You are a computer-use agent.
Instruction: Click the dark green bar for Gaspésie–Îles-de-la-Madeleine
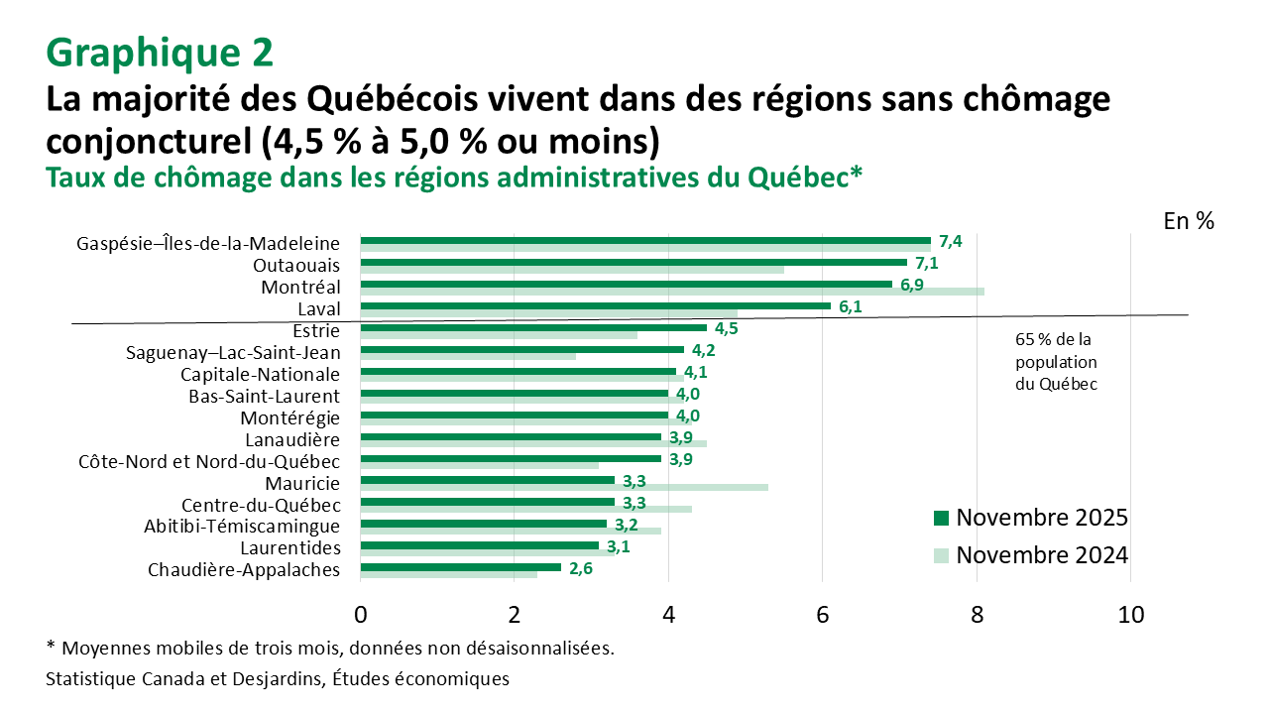pos(644,240)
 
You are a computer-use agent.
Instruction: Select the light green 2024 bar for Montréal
pos(672,292)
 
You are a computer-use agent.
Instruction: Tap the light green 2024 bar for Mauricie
pos(564,487)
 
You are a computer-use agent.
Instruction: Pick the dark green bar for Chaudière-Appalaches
pos(460,567)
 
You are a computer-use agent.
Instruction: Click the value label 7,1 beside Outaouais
pos(926,264)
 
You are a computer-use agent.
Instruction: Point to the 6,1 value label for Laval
pos(851,307)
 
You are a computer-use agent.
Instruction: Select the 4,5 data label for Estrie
pos(727,329)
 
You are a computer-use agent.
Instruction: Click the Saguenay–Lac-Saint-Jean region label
pos(233,352)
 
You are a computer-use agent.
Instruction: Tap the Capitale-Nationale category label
pos(260,374)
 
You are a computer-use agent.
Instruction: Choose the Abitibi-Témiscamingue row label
pos(242,526)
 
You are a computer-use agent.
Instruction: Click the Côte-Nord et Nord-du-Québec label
pos(209,461)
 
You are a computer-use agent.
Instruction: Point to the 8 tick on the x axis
pos(977,615)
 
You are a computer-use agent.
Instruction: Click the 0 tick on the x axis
pos(361,615)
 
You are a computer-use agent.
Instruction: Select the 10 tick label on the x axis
pos(1130,615)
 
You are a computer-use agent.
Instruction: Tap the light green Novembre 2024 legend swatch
pos(941,556)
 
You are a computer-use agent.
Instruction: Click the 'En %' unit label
pos(1189,221)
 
